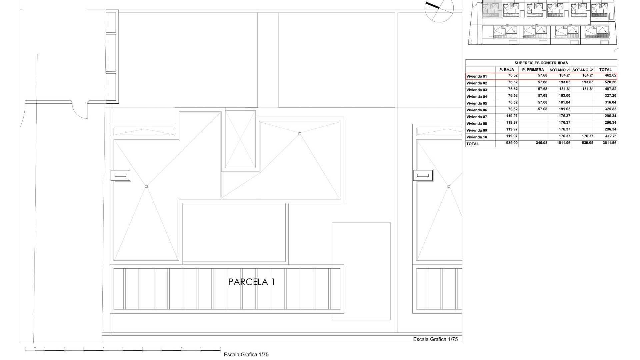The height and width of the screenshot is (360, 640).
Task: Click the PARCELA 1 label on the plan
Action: click(251, 282)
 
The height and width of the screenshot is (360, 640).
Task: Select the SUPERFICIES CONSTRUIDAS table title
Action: click(541, 63)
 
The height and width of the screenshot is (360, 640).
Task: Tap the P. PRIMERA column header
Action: click(533, 70)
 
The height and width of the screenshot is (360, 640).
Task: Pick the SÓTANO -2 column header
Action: click(582, 70)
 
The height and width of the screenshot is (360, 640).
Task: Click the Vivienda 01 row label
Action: click(477, 76)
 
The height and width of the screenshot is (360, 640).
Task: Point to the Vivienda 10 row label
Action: click(477, 137)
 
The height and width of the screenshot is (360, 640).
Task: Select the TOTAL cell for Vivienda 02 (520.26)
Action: click(610, 82)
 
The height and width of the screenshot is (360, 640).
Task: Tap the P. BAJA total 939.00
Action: click(511, 143)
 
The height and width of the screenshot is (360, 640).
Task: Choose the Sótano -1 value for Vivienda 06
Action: click(564, 109)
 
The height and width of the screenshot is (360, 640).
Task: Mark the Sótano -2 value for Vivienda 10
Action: click(587, 136)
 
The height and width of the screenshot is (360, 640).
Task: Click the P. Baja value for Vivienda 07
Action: click(512, 116)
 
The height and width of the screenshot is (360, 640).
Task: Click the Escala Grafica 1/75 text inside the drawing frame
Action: click(435, 339)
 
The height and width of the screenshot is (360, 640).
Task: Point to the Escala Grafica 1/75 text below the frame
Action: click(246, 355)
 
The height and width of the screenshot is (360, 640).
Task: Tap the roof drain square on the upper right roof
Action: click(300, 134)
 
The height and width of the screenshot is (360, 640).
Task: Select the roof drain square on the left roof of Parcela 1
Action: click(146, 187)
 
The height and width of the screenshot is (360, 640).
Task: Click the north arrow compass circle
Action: click(439, 9)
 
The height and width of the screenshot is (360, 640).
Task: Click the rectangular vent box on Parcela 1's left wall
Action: click(120, 175)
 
